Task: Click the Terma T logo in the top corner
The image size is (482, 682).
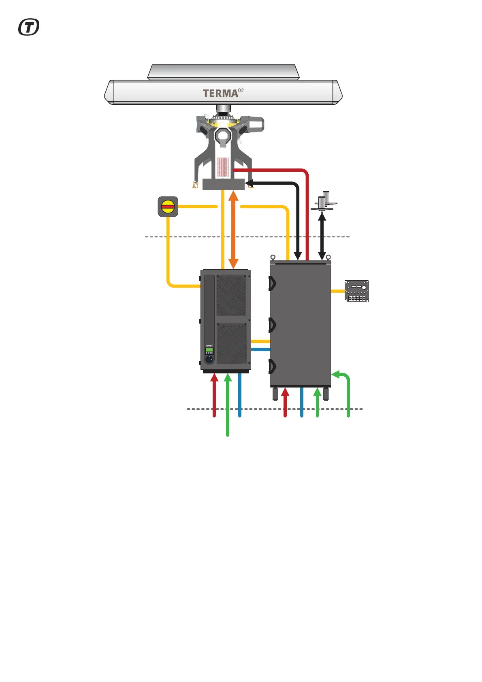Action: tap(29, 28)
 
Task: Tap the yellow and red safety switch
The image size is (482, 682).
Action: tap(168, 207)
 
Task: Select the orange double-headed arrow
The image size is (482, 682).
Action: tap(233, 229)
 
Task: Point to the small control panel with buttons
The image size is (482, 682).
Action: tap(356, 291)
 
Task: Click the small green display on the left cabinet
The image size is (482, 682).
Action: tap(209, 350)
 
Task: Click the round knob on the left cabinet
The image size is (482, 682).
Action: tap(209, 358)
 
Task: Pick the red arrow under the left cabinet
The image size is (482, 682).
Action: tap(214, 395)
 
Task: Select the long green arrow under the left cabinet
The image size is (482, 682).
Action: tap(228, 405)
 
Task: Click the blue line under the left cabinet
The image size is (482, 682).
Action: tap(240, 395)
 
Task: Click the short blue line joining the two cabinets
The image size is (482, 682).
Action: tap(260, 349)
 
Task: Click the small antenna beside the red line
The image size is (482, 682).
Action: tap(324, 201)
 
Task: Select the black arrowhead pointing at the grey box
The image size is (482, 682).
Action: tap(250, 183)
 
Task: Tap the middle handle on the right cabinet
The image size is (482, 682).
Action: tap(272, 325)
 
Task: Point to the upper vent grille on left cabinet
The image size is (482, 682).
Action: tap(231, 296)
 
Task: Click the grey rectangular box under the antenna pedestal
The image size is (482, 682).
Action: tap(223, 184)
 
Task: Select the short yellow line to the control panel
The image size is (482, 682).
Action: tap(337, 291)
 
